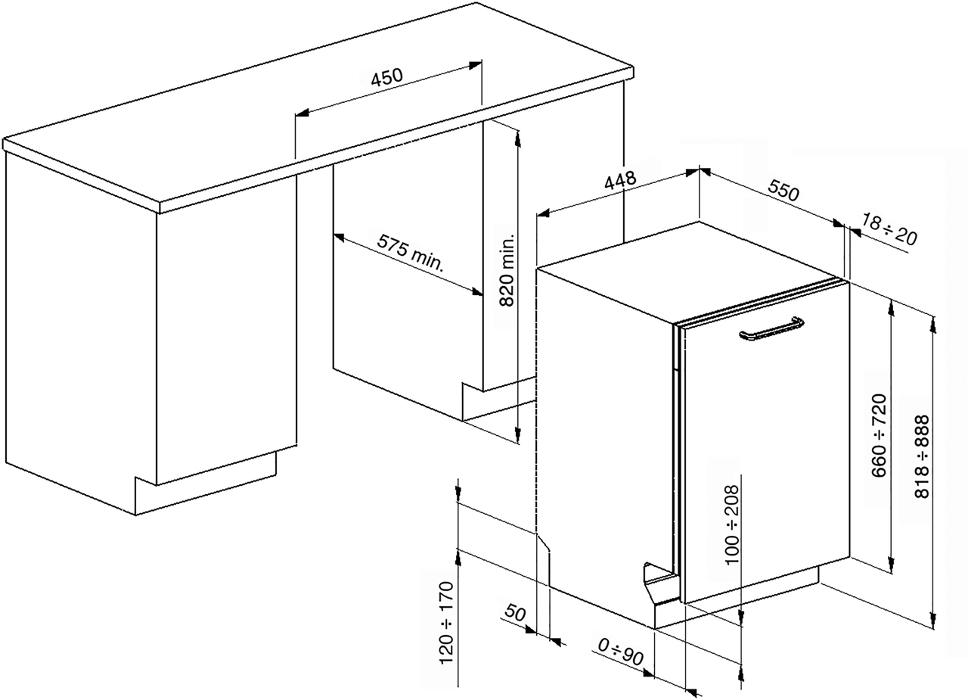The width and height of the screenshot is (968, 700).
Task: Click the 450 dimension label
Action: pyautogui.click(x=386, y=78)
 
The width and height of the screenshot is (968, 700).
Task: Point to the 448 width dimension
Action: pyautogui.click(x=620, y=181)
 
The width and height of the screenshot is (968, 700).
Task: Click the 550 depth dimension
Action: pyautogui.click(x=783, y=191)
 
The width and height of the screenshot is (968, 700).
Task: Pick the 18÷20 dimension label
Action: pyautogui.click(x=889, y=229)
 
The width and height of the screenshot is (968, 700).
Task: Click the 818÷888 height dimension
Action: pyautogui.click(x=923, y=456)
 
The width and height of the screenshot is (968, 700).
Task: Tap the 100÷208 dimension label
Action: pyautogui.click(x=731, y=524)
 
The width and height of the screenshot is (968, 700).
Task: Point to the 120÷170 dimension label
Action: pyautogui.click(x=446, y=623)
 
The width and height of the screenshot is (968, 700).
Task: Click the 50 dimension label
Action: pyautogui.click(x=515, y=613)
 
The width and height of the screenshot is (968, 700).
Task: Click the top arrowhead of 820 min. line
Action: pyautogui.click(x=517, y=135)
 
